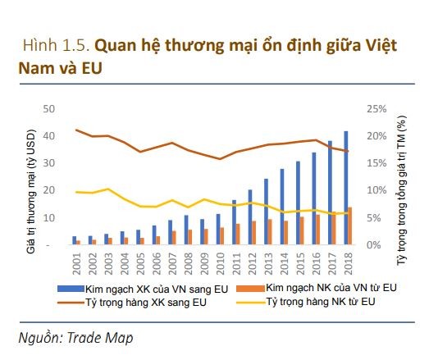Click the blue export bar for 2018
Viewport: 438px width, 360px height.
(345, 188)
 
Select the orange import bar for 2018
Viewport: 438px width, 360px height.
(351, 226)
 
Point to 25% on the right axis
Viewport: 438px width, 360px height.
(376, 108)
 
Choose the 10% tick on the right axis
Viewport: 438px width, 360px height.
(376, 190)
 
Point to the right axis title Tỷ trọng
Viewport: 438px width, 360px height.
(402, 184)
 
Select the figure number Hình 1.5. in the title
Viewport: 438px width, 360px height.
(53, 46)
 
